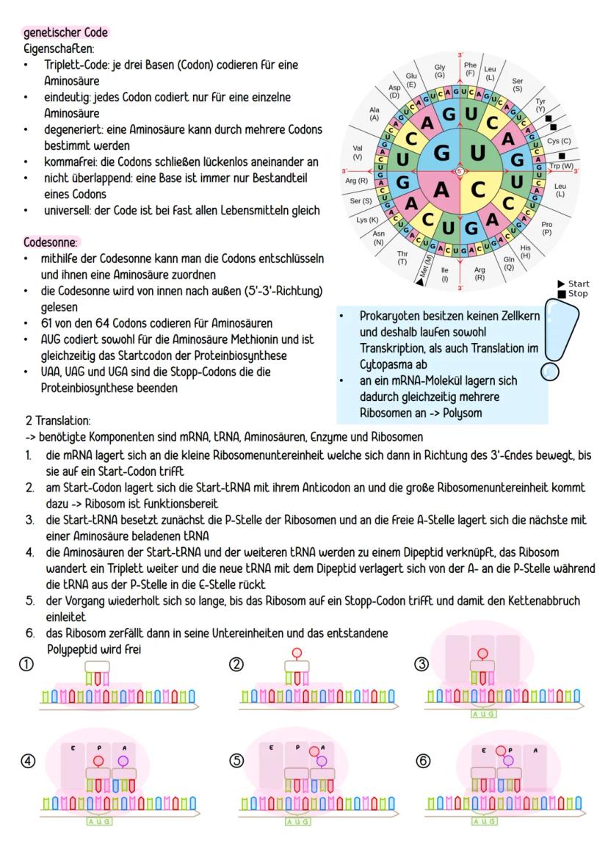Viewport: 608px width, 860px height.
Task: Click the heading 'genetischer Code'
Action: coord(66,33)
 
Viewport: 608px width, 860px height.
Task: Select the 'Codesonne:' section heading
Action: coord(54,241)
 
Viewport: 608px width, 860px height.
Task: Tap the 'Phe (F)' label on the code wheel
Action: coord(471,69)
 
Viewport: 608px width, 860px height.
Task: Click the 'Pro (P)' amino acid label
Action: coord(546,227)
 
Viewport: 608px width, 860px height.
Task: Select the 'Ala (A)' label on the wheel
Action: coord(374,114)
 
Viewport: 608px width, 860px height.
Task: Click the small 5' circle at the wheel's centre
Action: coord(460,171)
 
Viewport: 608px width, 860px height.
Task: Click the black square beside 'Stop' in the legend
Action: coord(562,294)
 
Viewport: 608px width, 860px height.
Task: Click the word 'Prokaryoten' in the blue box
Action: coord(388,315)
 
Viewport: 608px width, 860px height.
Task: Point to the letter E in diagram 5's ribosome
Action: coord(271,746)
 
